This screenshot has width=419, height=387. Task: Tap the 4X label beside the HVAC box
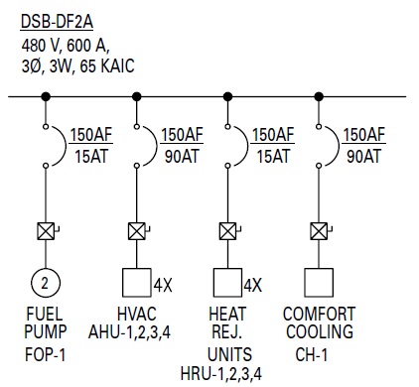(164, 286)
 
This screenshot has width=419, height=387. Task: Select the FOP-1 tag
(46, 353)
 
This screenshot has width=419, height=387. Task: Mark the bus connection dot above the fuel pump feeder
(46, 97)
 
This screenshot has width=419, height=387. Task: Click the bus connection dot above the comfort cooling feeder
(319, 97)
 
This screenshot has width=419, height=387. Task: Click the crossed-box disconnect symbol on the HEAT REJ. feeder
(227, 232)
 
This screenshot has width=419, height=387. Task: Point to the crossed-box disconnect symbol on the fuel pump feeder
(46, 232)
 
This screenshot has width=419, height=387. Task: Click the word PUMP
(45, 333)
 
